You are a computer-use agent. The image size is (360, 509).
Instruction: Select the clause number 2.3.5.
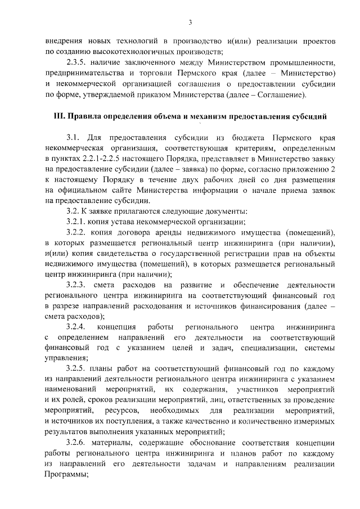(76, 62)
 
